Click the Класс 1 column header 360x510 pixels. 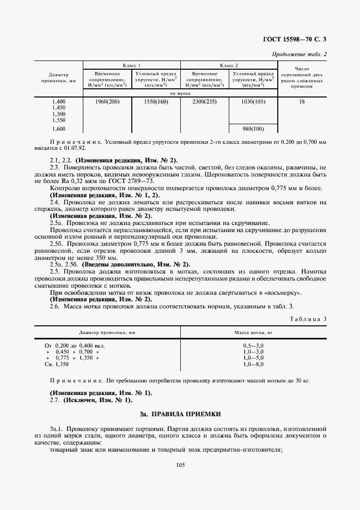(131, 65)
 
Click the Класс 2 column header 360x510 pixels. (229, 65)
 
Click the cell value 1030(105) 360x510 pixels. (253, 102)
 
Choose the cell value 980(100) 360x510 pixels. (253, 129)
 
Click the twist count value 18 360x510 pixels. (302, 102)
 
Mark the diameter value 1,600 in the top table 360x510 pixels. (58, 129)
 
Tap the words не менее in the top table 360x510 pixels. (180, 93)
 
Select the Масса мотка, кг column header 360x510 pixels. (253, 331)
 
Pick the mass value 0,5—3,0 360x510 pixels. (253, 345)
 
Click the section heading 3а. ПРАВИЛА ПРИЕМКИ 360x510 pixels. (180, 415)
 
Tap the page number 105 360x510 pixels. (180, 464)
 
